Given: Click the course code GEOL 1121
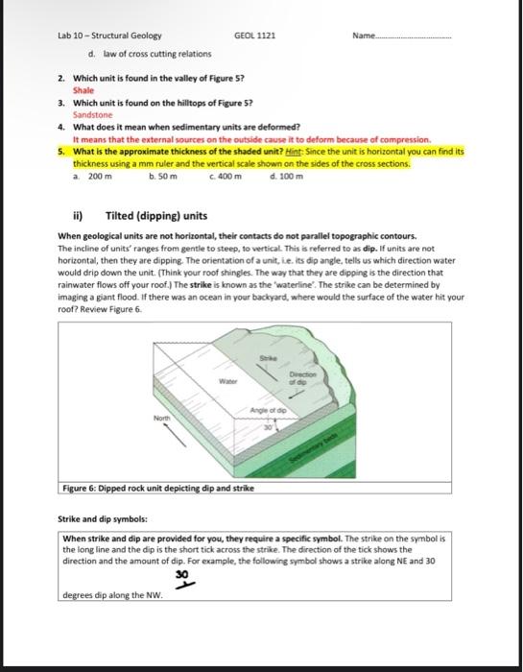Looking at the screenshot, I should pos(254,36).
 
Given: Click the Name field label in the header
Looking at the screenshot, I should pos(365,36).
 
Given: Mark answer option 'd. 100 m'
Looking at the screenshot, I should pos(289,176).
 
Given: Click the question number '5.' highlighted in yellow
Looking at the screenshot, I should pos(62,152).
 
